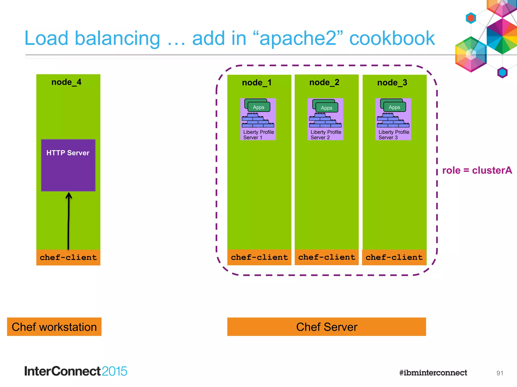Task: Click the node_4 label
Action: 66,82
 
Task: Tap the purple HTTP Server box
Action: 68,165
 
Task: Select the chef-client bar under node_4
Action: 68,257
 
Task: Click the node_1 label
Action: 257,83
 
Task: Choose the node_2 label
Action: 324,82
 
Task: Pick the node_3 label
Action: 392,83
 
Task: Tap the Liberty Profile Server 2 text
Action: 326,135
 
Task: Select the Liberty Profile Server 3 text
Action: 394,135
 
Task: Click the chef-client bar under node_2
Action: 327,257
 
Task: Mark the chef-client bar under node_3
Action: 394,257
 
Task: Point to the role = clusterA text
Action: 477,170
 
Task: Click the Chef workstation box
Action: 54,327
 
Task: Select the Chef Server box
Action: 326,327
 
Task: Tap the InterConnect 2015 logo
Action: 75,371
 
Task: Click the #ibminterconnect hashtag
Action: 433,373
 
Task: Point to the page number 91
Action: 500,373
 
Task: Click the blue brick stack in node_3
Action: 393,121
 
